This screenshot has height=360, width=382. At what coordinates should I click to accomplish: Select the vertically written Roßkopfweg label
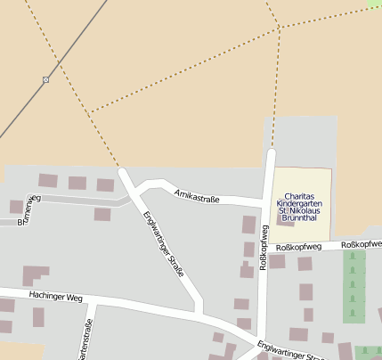tap(264, 248)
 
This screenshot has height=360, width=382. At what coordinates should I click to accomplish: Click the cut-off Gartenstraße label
tap(87, 340)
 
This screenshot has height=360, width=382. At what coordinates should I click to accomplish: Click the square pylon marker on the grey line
tap(46, 80)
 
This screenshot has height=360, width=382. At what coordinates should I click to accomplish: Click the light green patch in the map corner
tap(374, 4)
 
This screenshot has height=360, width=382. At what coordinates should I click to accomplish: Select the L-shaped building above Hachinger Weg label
tap(36, 274)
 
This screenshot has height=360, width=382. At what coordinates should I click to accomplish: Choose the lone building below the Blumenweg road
tap(102, 214)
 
